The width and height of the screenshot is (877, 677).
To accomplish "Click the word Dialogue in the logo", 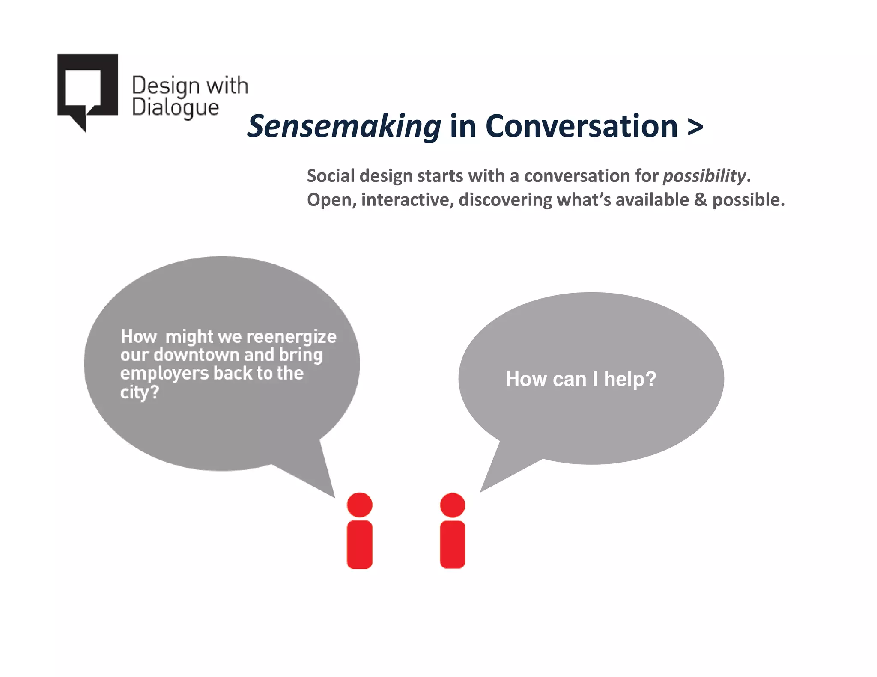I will (x=175, y=107).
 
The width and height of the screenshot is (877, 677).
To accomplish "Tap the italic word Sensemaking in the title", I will (x=344, y=127).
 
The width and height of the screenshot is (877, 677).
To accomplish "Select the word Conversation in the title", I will (x=581, y=127).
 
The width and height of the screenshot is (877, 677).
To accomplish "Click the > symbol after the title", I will (x=695, y=127).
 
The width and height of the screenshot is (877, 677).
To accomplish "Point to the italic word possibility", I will (x=704, y=176).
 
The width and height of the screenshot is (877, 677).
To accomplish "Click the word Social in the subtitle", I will (x=331, y=176).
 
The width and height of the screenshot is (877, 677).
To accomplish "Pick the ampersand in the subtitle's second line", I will (x=700, y=200).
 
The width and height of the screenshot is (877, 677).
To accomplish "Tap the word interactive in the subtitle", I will (x=407, y=200).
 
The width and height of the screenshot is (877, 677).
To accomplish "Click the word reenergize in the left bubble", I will (x=291, y=337).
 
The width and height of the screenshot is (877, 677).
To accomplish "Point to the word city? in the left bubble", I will (x=139, y=392).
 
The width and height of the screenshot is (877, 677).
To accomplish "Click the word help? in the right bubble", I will (x=630, y=379).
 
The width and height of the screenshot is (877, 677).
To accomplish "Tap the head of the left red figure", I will (x=359, y=505).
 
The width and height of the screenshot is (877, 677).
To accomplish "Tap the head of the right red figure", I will (x=452, y=505).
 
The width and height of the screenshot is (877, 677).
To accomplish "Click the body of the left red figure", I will (x=359, y=544).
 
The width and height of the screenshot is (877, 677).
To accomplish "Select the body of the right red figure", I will (x=452, y=544).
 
